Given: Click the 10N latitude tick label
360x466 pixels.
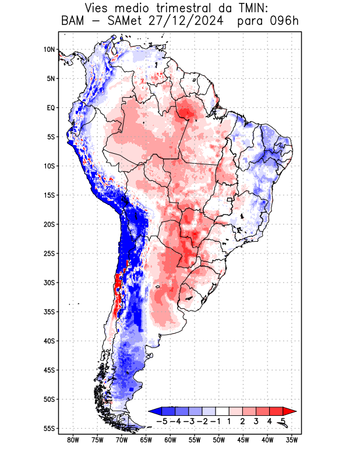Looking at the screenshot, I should click(49, 50).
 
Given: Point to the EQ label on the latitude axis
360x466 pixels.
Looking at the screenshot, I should click(50, 108).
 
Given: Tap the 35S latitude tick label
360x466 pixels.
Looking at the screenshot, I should click(48, 312).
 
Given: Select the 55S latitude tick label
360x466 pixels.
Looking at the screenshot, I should click(48, 428).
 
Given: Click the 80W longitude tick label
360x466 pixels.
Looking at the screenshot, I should click(73, 440).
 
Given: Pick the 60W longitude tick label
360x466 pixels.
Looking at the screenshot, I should click(170, 440).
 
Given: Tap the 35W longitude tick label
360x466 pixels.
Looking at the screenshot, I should click(292, 440).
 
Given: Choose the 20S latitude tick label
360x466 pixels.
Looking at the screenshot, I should click(48, 224).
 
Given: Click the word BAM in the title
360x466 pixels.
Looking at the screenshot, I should click(72, 22).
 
